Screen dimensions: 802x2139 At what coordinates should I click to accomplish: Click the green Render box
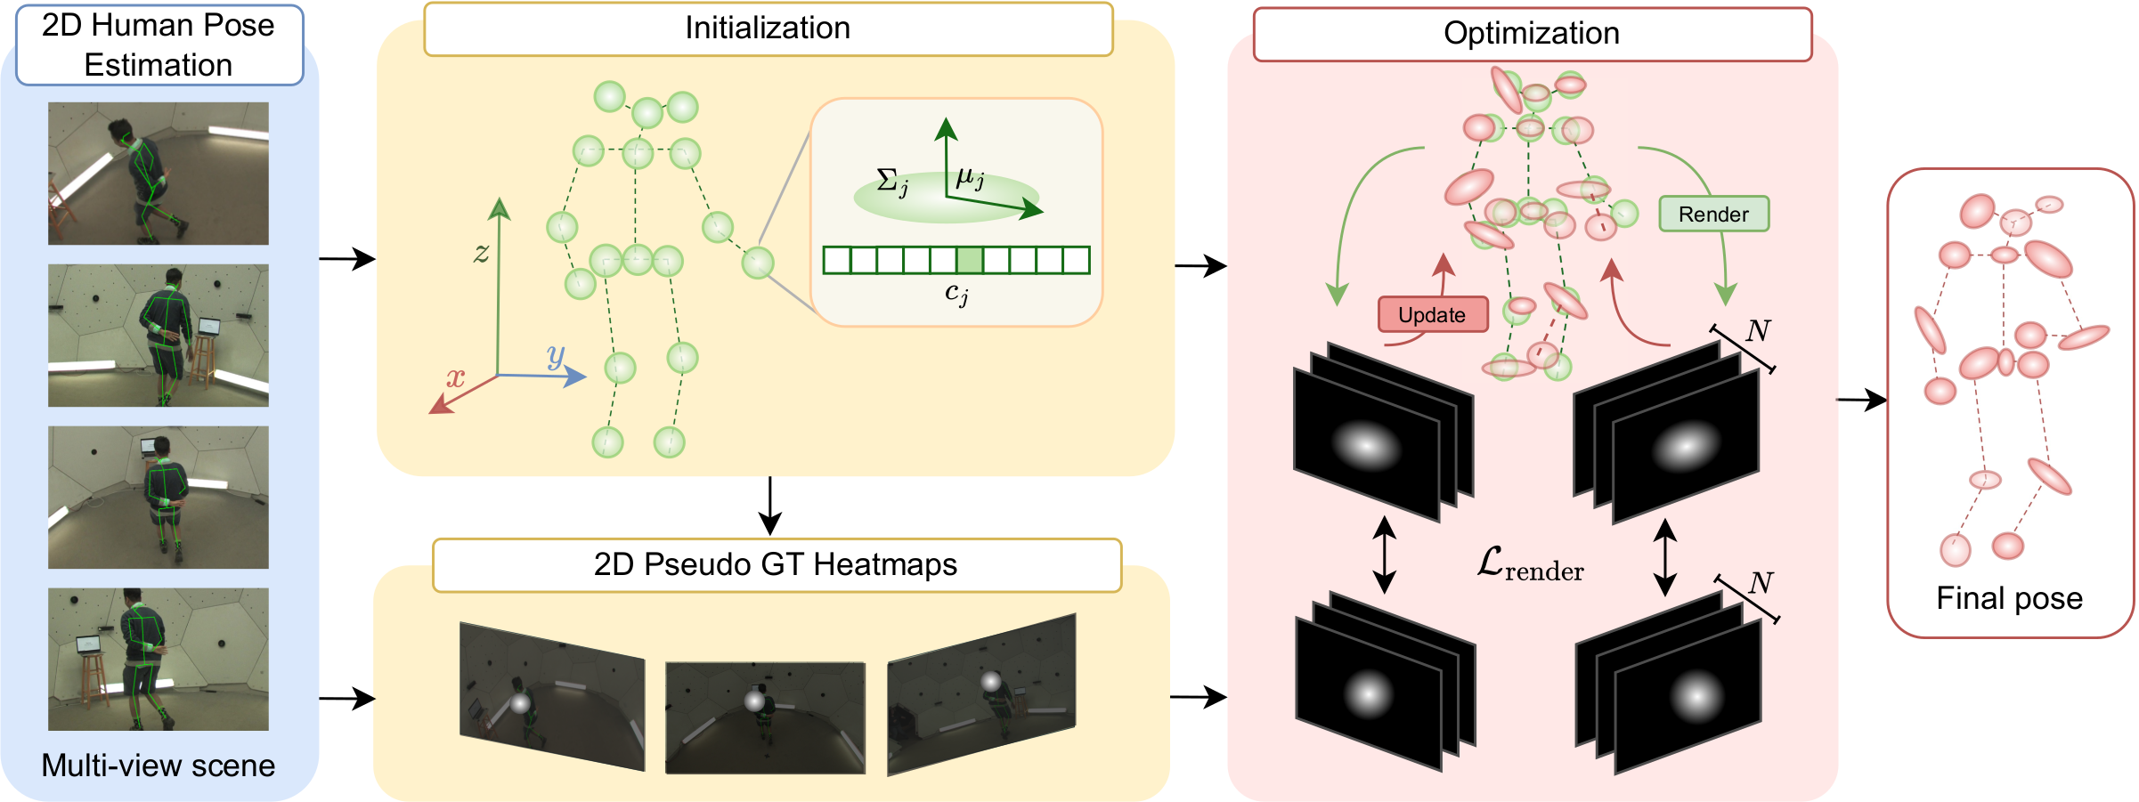click(1713, 215)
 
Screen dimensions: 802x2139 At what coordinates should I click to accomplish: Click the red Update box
click(1432, 315)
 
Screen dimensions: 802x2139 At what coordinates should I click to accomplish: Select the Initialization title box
click(768, 28)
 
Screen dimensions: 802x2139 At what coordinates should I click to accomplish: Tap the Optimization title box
click(1532, 34)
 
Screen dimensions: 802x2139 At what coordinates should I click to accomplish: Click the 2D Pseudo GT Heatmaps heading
click(776, 565)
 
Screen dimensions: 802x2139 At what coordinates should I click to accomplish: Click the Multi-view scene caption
click(159, 766)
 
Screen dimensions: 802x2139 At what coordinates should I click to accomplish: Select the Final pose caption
click(2009, 598)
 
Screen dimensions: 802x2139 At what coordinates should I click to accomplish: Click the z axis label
click(481, 253)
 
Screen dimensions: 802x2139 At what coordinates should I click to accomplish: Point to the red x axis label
click(455, 377)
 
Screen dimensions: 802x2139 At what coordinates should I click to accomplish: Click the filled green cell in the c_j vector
click(970, 260)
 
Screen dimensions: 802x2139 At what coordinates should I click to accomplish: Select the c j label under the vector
click(956, 293)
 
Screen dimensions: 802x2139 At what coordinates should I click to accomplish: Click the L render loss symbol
click(1530, 564)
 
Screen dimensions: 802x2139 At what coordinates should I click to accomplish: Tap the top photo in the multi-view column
click(159, 174)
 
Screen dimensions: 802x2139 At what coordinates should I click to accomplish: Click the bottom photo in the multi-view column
click(159, 660)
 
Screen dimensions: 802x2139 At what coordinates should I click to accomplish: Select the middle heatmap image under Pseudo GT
click(765, 717)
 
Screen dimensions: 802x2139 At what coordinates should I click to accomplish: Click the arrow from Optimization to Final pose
click(1861, 401)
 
